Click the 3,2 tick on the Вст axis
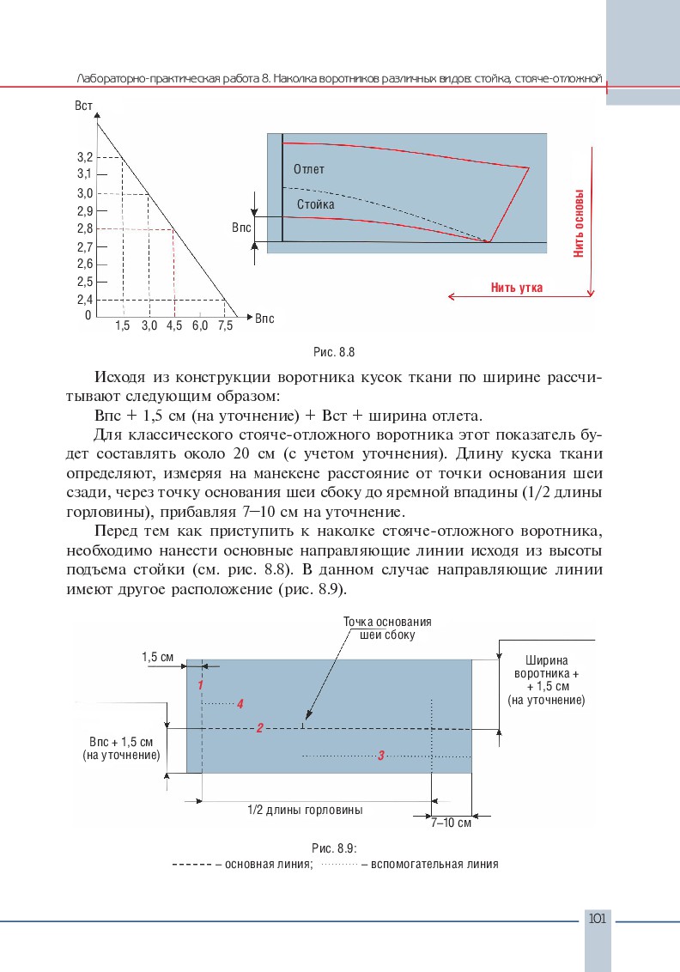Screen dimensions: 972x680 [x=85, y=157]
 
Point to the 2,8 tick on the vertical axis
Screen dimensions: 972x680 [x=85, y=228]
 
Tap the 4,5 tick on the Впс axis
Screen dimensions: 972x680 [x=174, y=326]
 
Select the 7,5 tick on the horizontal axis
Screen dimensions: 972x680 [x=226, y=326]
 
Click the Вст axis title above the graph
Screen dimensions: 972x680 [x=84, y=106]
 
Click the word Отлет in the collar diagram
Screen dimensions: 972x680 [x=308, y=169]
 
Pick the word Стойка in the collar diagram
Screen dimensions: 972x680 [x=315, y=205]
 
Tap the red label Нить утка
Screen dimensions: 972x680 [x=517, y=287]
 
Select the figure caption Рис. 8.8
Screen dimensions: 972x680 [x=336, y=352]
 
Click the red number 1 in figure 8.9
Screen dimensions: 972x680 [x=200, y=685]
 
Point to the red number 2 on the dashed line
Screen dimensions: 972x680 [x=259, y=728]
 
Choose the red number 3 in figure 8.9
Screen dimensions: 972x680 [x=380, y=756]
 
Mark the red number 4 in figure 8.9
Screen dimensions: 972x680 [x=240, y=703]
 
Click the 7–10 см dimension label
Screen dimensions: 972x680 [x=452, y=822]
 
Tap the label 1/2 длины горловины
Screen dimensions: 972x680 [x=305, y=810]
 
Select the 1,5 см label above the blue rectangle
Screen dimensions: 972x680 [x=158, y=657]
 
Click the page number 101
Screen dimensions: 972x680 [x=598, y=919]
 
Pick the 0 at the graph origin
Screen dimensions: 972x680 [x=88, y=315]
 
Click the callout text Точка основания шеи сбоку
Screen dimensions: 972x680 [x=386, y=629]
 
